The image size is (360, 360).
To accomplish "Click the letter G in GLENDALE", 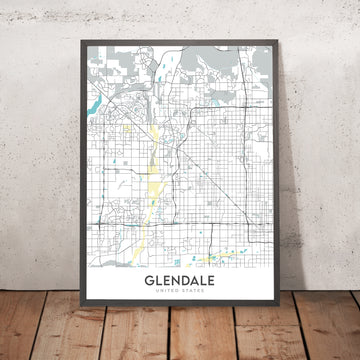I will pyautogui.click(x=134, y=283).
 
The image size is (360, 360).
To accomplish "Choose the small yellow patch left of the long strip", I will pyautogui.click(x=129, y=128).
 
